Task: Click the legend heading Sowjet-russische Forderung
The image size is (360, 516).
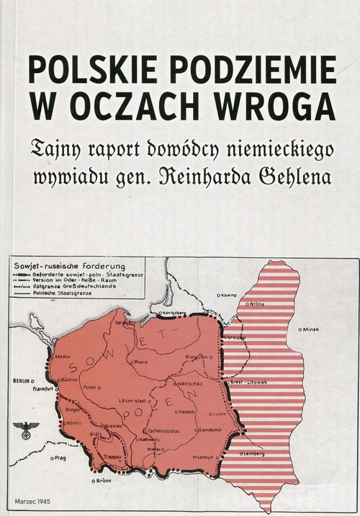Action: click(x=66, y=264)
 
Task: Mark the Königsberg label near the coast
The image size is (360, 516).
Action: click(x=168, y=314)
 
